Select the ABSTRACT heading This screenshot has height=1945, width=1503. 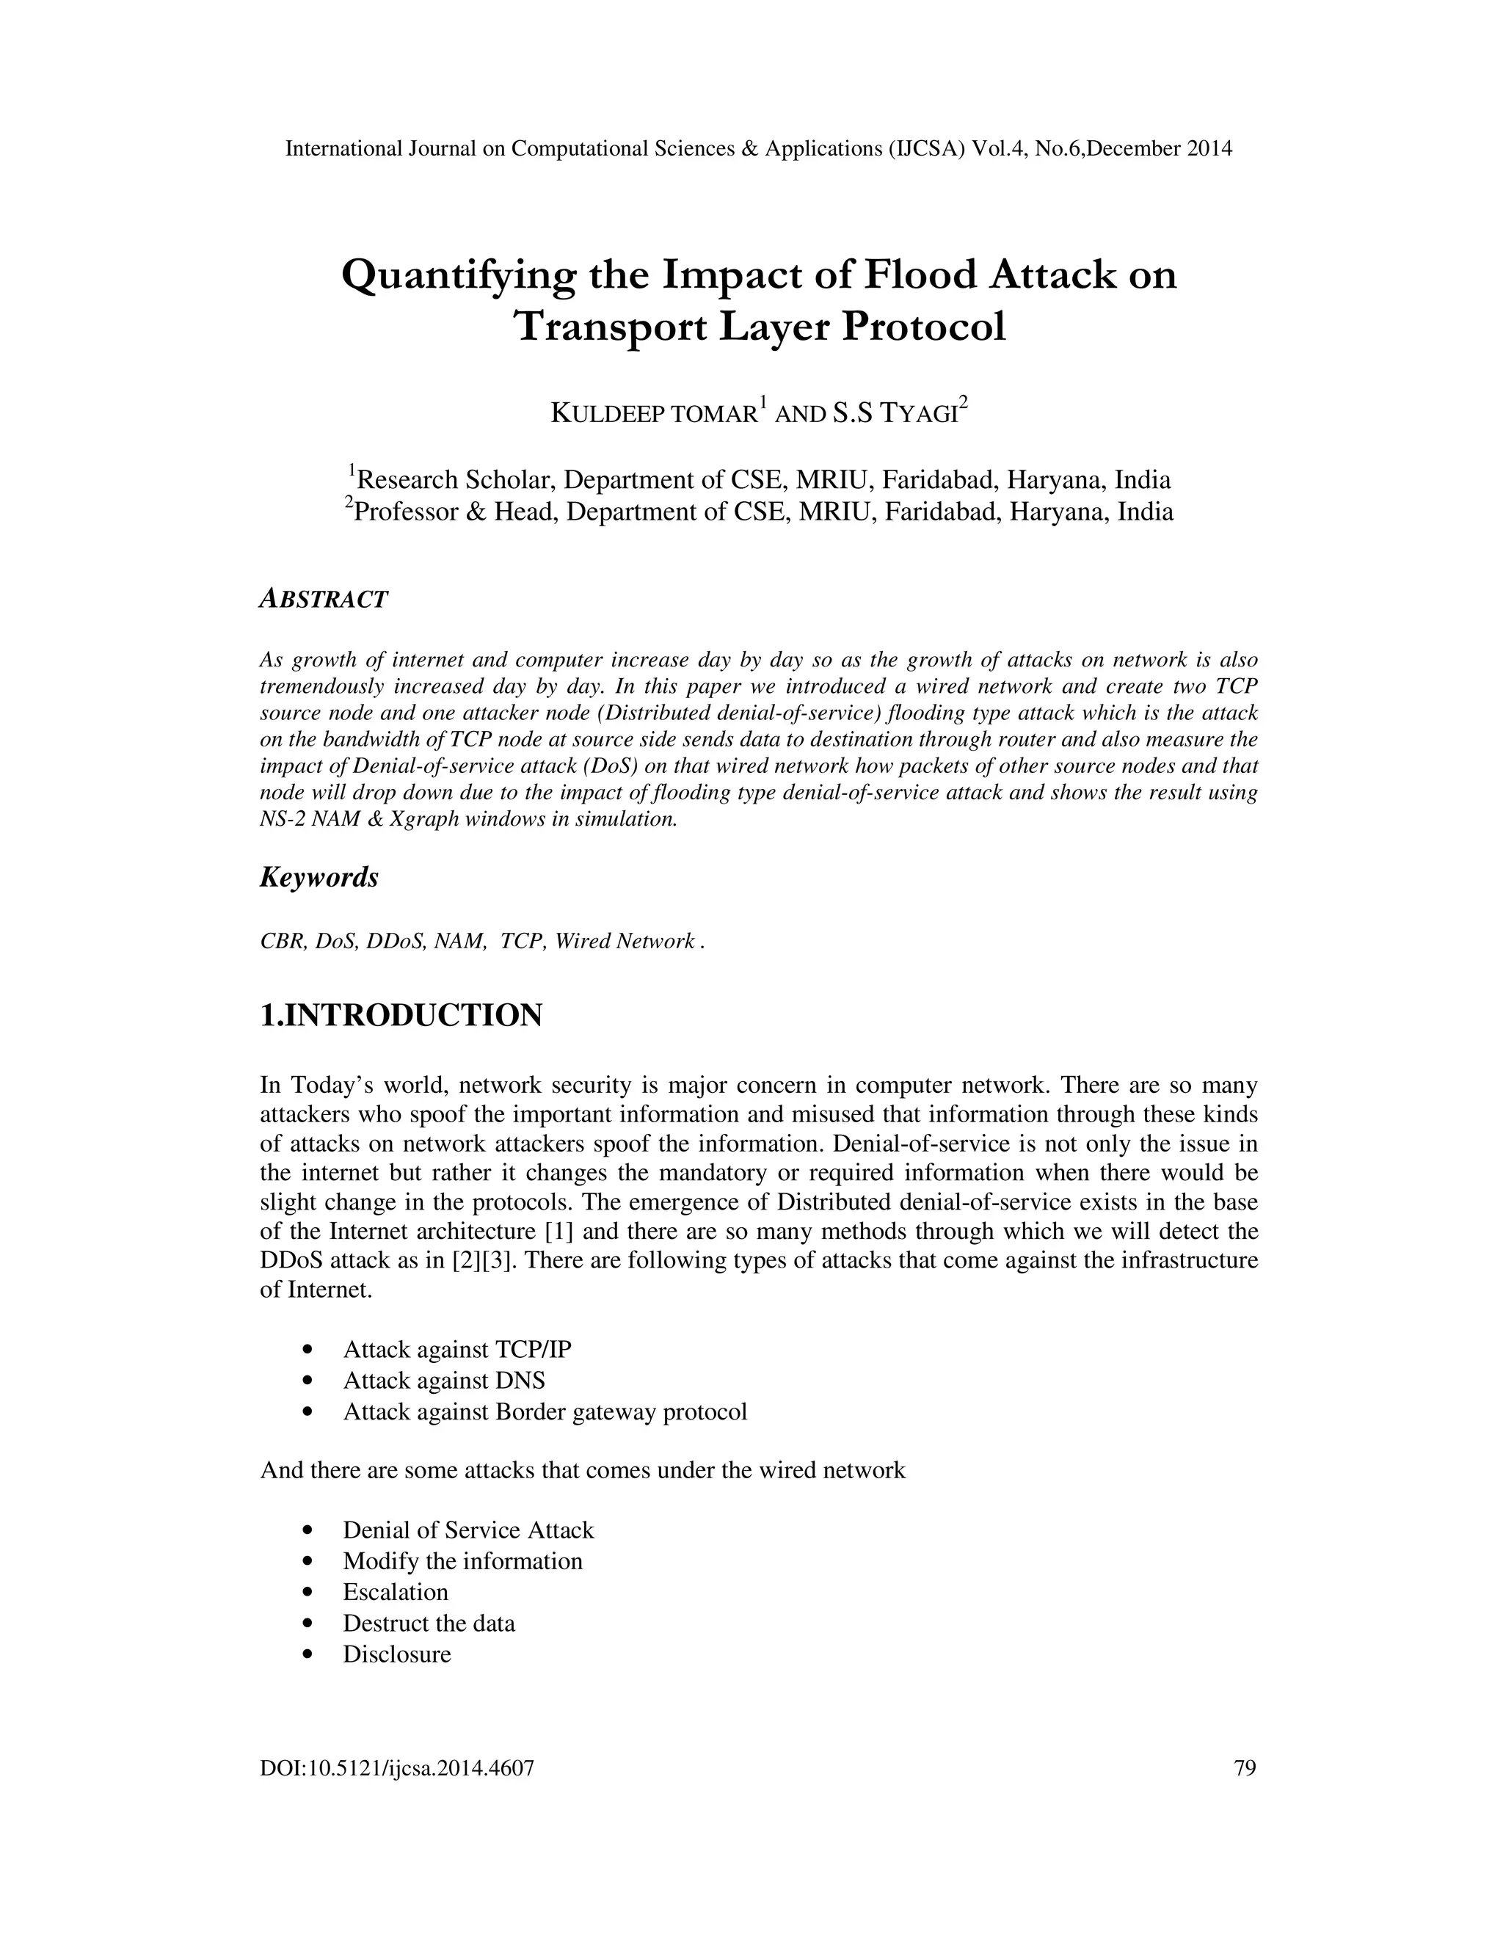(323, 600)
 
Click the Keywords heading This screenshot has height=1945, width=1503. (319, 877)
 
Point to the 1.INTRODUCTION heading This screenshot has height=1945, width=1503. (401, 1015)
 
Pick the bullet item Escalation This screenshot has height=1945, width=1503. (396, 1591)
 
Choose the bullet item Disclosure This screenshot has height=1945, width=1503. (397, 1654)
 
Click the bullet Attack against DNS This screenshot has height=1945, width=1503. (443, 1381)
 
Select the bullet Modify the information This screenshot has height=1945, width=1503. (462, 1560)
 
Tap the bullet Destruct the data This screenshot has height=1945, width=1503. (429, 1623)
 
